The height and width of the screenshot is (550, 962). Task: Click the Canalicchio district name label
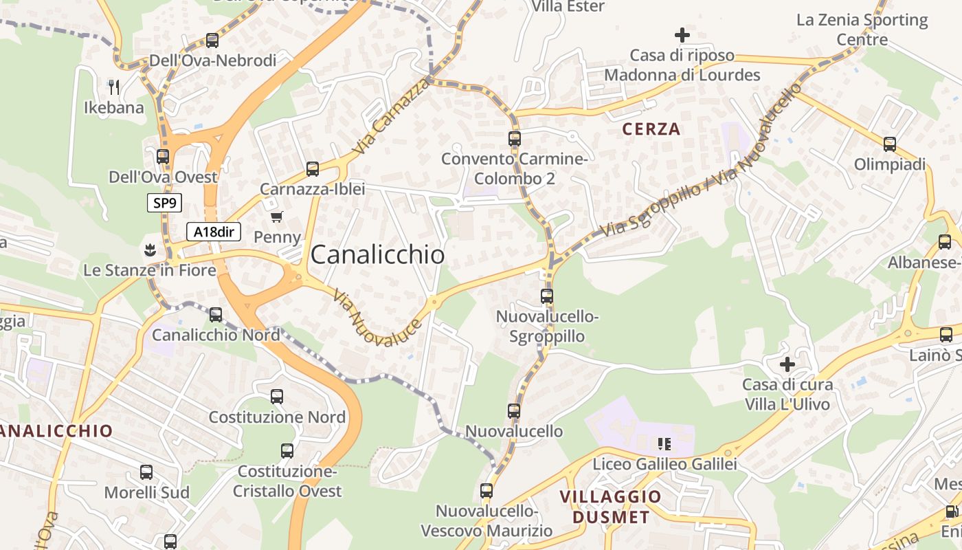[377, 255]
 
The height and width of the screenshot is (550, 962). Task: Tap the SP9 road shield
[164, 203]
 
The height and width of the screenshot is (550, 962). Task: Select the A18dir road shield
[214, 232]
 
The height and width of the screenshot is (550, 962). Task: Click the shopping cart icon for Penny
[277, 217]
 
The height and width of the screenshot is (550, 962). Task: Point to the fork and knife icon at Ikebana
[114, 87]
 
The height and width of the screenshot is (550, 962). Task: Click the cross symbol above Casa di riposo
[682, 34]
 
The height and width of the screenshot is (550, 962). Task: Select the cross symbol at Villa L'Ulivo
[787, 364]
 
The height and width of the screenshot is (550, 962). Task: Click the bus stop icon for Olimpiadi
[890, 144]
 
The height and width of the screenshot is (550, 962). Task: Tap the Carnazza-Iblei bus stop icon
[313, 168]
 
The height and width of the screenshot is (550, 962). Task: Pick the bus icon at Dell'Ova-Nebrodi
[212, 41]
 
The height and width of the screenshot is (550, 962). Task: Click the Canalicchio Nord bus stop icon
[216, 315]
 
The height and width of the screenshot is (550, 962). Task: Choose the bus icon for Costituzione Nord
[276, 397]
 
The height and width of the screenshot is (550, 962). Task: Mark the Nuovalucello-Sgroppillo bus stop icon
[547, 296]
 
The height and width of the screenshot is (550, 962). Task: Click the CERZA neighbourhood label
[651, 129]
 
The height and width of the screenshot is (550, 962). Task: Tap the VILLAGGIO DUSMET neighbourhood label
[610, 507]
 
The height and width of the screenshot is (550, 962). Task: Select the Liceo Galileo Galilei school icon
[664, 444]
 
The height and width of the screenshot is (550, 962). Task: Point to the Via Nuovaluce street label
[377, 318]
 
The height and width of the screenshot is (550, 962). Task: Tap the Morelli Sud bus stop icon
[146, 472]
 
